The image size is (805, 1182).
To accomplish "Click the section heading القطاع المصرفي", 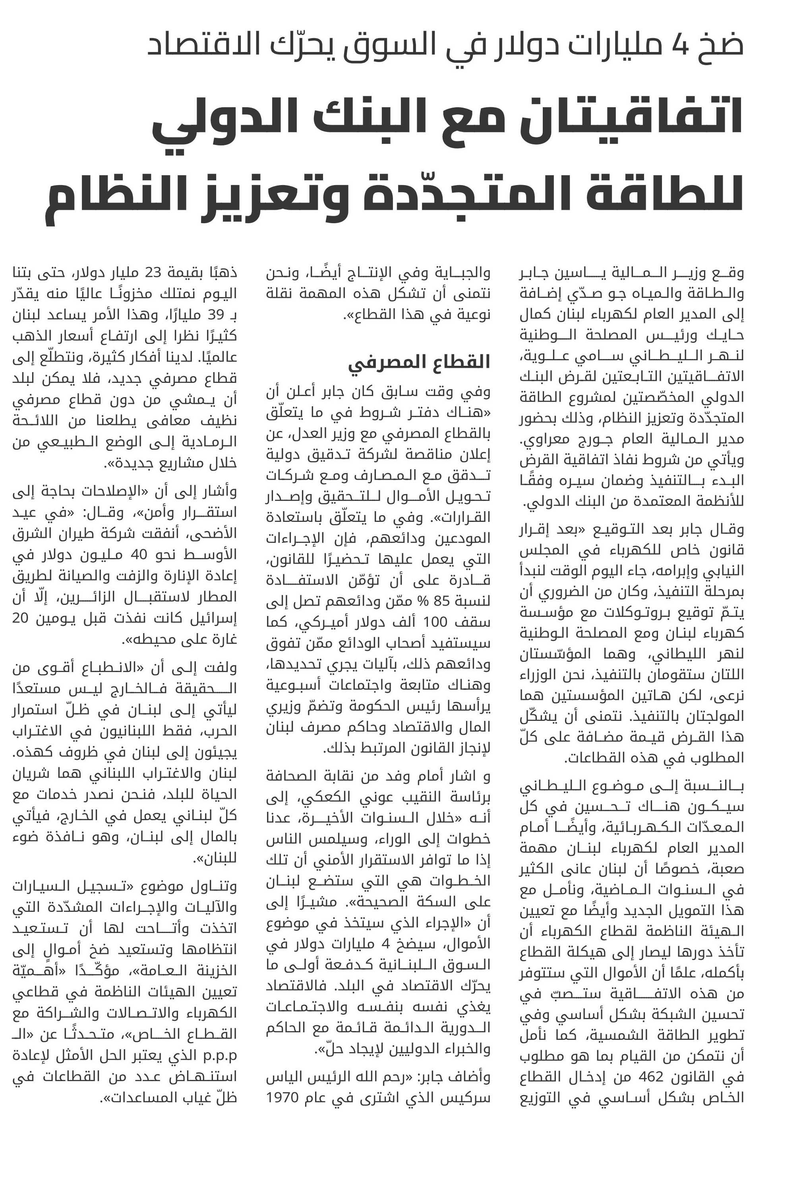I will pos(419,362).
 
